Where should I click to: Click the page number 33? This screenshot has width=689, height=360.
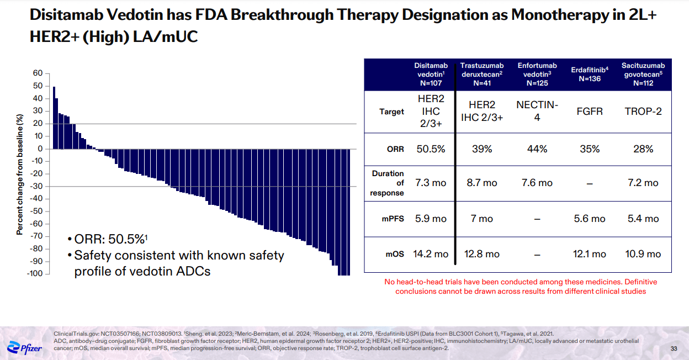click(x=674, y=348)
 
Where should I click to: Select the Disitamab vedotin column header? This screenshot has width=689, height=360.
click(x=431, y=75)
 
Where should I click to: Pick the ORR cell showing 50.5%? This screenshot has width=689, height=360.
click(x=431, y=149)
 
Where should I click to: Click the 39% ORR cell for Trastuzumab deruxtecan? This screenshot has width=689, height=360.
click(x=482, y=149)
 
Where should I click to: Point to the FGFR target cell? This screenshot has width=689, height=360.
click(x=590, y=111)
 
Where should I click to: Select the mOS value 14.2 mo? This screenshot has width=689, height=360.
click(x=431, y=254)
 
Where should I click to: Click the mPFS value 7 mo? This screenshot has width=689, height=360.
click(x=482, y=219)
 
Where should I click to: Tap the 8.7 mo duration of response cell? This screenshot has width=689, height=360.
click(x=482, y=183)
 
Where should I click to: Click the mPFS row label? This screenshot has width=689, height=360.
click(x=393, y=219)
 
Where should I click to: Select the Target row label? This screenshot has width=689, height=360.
click(x=391, y=112)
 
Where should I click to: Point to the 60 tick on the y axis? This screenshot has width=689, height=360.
click(x=38, y=73)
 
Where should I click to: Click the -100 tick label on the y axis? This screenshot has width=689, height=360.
click(x=34, y=274)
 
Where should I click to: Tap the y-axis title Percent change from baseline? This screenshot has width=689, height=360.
click(x=20, y=173)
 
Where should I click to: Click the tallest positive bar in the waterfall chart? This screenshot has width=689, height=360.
click(x=54, y=118)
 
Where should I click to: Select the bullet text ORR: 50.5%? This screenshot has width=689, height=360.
click(x=110, y=240)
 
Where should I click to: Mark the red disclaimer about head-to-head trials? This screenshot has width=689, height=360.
click(x=520, y=286)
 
